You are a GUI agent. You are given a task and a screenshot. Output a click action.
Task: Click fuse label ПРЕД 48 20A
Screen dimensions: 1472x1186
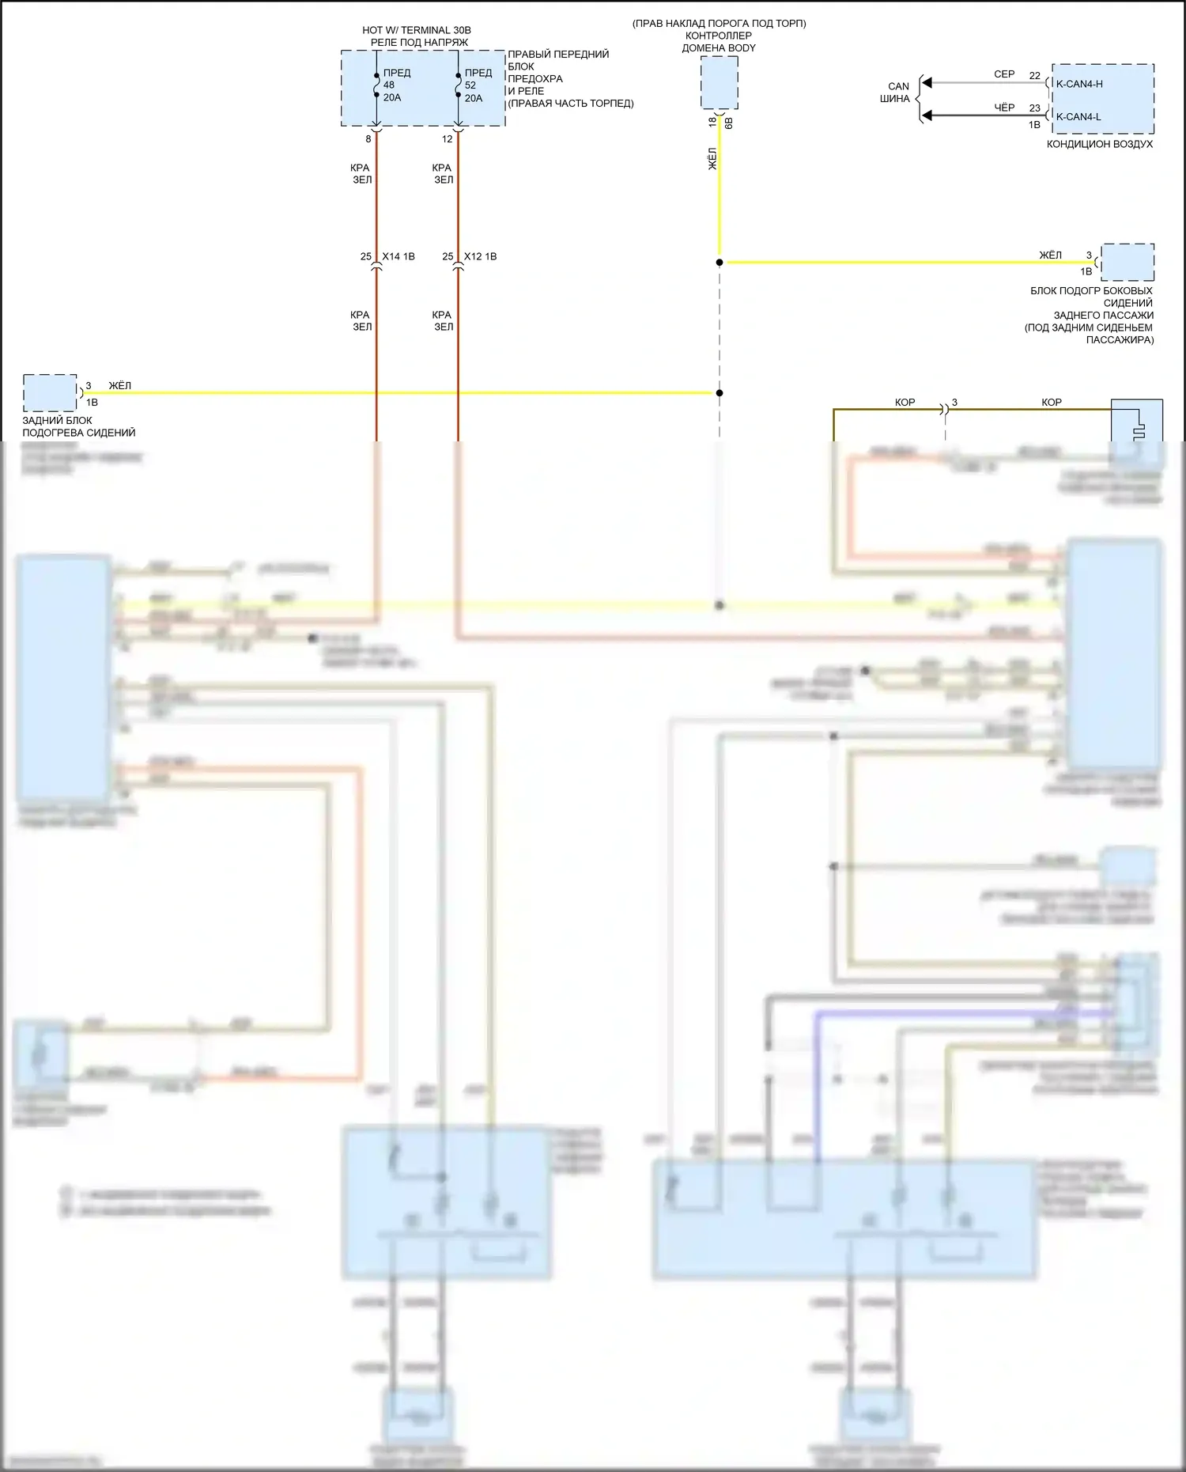coord(396,85)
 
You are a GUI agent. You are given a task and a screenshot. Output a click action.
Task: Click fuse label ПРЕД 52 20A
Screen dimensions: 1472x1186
coord(478,85)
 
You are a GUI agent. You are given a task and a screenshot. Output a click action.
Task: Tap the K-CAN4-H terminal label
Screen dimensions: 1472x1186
coord(1079,84)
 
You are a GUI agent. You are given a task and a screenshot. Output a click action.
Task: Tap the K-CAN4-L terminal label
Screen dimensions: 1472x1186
coord(1078,117)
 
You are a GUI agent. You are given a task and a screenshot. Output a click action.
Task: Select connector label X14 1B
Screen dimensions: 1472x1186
coord(398,256)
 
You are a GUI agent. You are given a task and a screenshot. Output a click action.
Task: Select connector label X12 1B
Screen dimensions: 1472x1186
coord(481,256)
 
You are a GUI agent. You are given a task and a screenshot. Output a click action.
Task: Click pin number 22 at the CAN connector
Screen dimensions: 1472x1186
coord(1035,76)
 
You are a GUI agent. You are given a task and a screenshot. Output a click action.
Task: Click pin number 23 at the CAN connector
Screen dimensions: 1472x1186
coord(1035,108)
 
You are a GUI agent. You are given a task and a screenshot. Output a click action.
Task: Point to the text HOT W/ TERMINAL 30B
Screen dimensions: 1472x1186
coord(417,30)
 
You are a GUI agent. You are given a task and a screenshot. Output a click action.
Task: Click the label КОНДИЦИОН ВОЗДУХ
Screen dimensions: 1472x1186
coord(1100,144)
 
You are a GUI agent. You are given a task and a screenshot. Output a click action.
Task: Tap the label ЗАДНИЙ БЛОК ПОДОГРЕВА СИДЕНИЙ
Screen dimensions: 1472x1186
coord(78,426)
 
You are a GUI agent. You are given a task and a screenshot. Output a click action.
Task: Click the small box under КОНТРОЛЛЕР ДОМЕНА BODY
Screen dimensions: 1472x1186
coord(719,83)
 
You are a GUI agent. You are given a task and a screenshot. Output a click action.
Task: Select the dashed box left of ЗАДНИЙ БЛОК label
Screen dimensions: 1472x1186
coord(50,393)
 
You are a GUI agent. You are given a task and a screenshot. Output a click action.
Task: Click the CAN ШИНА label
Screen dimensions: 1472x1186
coord(897,93)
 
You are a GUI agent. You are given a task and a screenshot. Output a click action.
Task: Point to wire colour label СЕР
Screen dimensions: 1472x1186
coord(1004,74)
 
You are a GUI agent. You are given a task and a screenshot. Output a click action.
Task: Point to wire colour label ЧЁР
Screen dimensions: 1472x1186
coord(1004,108)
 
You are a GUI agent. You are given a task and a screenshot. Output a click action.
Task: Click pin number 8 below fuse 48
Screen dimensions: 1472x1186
coord(368,139)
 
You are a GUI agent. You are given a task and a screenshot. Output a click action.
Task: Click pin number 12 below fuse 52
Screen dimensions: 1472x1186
coord(448,139)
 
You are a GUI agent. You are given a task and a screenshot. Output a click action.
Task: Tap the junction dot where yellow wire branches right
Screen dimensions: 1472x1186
coord(720,262)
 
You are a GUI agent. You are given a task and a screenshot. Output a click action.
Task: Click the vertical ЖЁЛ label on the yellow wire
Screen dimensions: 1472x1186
coord(712,159)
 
